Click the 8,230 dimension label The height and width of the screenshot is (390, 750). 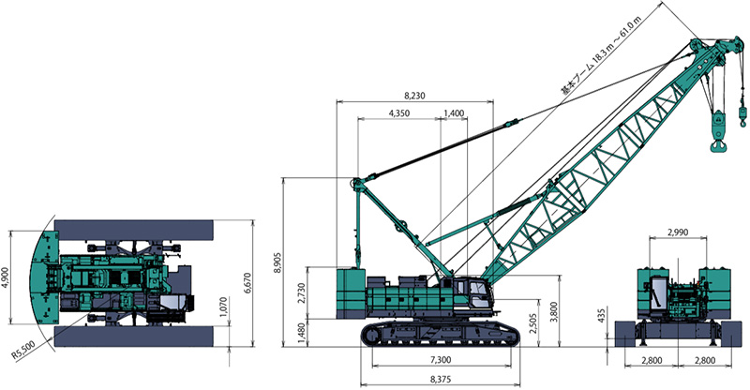point(414,96)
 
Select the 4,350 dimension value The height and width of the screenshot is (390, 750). point(399,113)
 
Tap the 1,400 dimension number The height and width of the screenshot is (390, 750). point(454,113)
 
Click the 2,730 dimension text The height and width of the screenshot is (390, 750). point(301,292)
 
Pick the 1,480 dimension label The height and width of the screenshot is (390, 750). point(301,333)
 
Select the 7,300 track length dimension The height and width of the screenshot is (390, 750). point(441,360)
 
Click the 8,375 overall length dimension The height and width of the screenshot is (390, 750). point(441,380)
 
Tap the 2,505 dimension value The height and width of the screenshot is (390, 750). point(533,323)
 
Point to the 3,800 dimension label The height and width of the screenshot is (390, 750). point(554,311)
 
